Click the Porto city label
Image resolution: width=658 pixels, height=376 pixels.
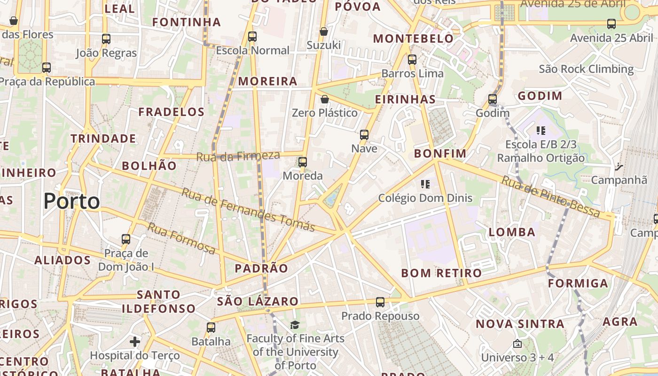click(71, 201)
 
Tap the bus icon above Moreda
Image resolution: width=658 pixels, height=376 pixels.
click(303, 162)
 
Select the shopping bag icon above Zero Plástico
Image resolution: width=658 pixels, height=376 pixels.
click(324, 99)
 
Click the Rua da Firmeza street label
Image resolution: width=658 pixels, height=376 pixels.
click(238, 156)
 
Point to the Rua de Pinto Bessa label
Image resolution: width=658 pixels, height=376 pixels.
click(551, 196)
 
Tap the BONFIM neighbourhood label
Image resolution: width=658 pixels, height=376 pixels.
click(440, 154)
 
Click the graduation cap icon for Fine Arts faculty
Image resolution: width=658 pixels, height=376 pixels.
click(295, 325)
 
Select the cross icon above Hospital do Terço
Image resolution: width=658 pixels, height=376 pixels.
click(135, 341)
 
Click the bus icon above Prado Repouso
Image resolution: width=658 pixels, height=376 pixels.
click(380, 302)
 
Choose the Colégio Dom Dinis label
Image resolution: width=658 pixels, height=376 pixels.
click(425, 198)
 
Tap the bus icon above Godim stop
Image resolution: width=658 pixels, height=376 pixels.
click(493, 99)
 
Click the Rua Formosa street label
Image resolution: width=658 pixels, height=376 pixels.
click(182, 238)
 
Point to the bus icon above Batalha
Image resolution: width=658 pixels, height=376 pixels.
click(211, 328)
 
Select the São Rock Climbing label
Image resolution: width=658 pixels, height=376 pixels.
click(586, 69)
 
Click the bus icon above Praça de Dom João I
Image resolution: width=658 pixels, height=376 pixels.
click(126, 239)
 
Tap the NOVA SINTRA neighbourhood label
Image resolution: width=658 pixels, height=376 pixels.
click(520, 324)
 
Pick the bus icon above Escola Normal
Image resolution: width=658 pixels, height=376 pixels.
click(252, 36)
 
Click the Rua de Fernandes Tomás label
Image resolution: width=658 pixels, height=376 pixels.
click(248, 210)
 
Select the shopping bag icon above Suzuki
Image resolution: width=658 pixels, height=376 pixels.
click(323, 31)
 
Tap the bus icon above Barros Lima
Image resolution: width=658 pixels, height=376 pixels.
click(412, 60)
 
